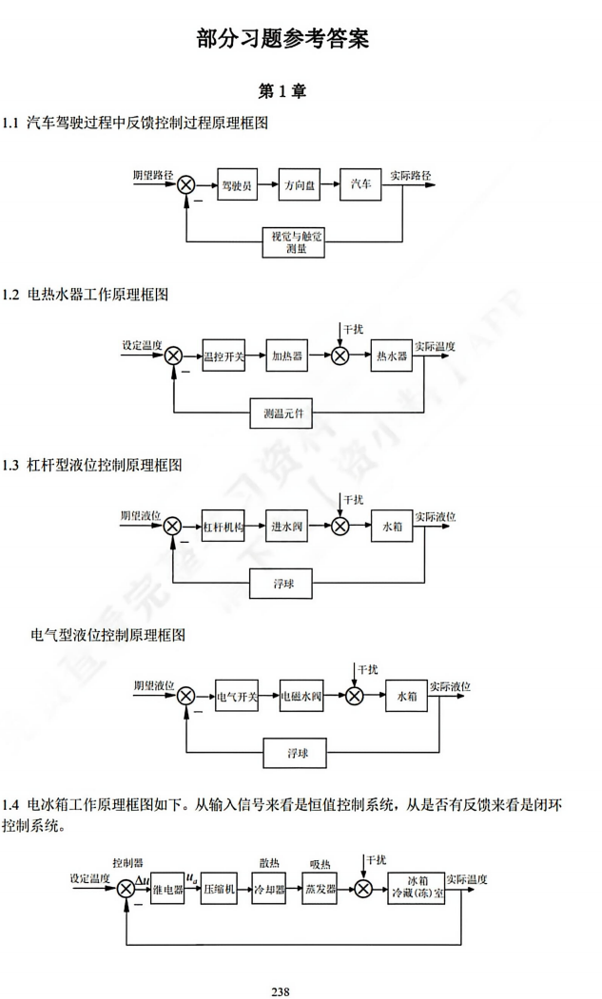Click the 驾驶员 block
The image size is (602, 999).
[x=238, y=186]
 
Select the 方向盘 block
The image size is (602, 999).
[x=300, y=186]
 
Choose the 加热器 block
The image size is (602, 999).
[x=287, y=355]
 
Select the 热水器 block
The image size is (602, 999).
[x=392, y=355]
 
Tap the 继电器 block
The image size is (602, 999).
[x=167, y=890]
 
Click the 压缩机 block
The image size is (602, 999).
[x=220, y=890]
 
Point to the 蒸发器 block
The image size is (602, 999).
[x=320, y=890]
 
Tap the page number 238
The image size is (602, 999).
[x=280, y=991]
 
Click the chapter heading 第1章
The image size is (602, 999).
[x=282, y=91]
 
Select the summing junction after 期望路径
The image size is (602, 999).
[x=186, y=186]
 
